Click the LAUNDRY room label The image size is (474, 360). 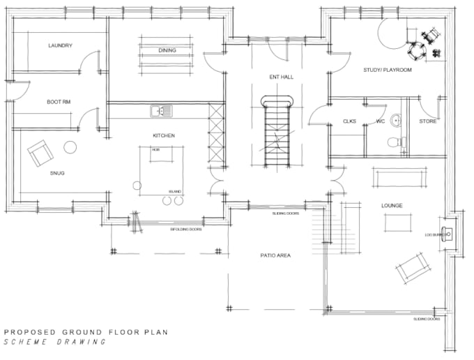click(61, 46)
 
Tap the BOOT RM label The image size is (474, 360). click(58, 102)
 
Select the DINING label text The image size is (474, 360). click(167, 51)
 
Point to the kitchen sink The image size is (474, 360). click(161, 110)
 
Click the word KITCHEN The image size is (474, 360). click(164, 135)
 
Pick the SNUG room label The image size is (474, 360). click(56, 173)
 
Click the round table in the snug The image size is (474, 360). click(70, 147)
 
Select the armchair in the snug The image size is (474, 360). click(40, 153)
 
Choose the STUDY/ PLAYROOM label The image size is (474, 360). click(387, 70)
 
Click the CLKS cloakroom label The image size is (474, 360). click(349, 121)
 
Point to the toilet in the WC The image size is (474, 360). click(396, 142)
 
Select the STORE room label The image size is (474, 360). click(427, 121)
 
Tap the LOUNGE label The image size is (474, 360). click(392, 205)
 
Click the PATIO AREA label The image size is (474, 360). click(275, 255)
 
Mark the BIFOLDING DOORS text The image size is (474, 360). click(187, 229)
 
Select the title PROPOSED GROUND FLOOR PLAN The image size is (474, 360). click(86, 332)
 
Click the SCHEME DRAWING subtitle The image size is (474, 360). click(56, 343)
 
